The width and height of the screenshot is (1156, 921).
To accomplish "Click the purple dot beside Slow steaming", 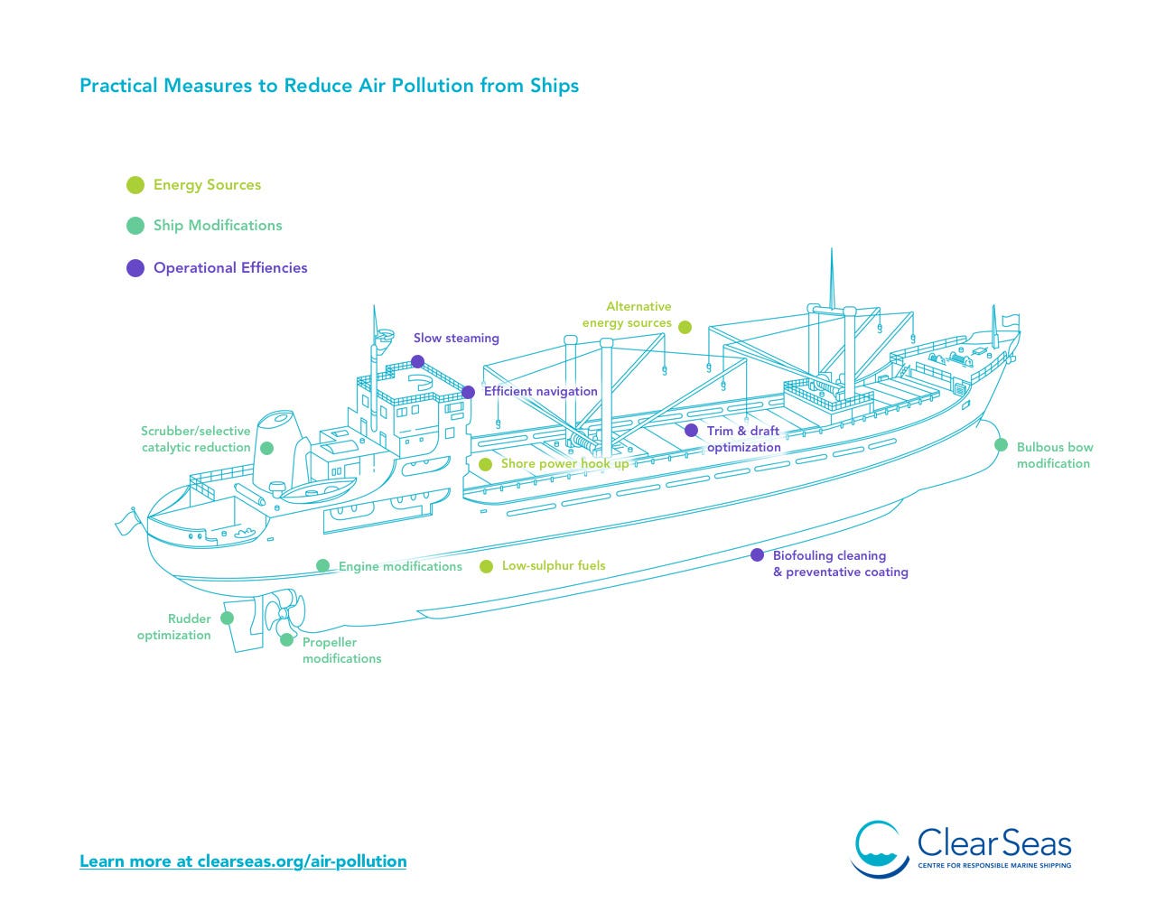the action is pos(417,361).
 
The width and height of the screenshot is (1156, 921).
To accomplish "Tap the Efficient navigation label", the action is pos(540,391).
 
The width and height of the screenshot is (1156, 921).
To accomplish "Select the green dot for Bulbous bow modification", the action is pos(1001,444).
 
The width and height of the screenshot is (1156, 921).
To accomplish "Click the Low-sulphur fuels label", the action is pos(554,565).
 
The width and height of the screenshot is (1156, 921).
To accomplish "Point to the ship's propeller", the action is pos(284,613).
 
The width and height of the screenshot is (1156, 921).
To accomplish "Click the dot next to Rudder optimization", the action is pos(228,619).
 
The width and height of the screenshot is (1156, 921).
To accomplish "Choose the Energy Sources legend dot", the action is pos(135,185).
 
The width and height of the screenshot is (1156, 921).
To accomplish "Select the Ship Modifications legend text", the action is pos(218,226).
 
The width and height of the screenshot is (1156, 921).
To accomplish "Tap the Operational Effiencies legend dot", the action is pos(135,268).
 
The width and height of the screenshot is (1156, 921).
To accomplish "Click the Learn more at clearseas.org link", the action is pos(243,861).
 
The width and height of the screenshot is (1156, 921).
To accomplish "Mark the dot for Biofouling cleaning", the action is pos(757,554).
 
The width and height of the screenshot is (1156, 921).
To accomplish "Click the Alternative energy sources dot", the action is pos(685,327).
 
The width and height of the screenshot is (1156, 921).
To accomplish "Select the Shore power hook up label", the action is pos(564,463).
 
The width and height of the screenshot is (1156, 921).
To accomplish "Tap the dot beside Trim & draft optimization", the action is pos(691,430).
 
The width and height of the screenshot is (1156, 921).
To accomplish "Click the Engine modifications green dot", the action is pos(322,565).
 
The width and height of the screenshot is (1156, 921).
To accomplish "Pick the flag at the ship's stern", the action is pos(126,522).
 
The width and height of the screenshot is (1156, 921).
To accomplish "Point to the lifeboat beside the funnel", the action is pos(318,488).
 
